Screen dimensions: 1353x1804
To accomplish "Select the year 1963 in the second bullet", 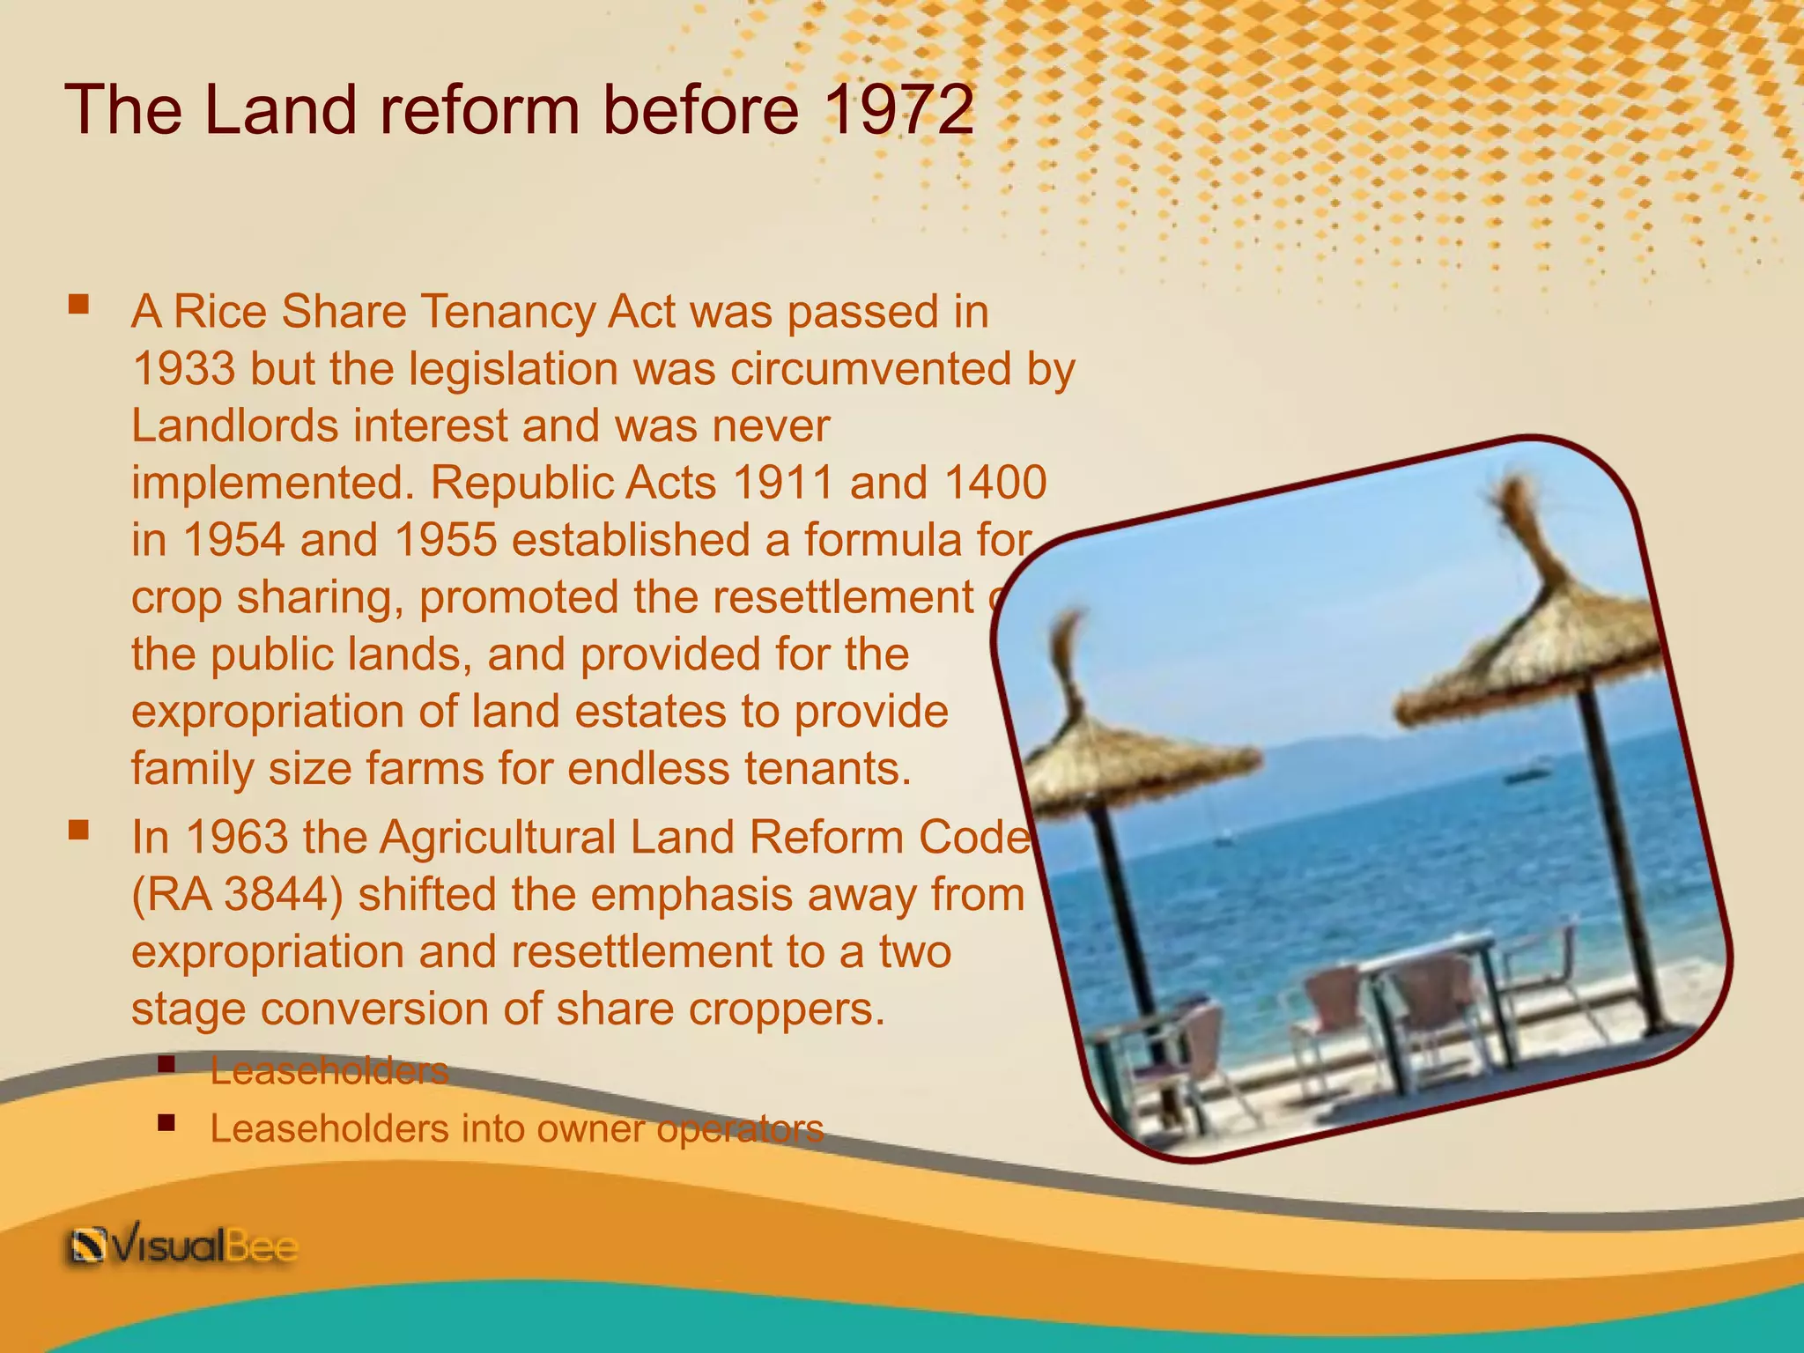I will click(x=237, y=837).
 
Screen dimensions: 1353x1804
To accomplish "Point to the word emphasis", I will click(x=691, y=894).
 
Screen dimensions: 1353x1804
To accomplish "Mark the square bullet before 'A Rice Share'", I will click(x=78, y=305).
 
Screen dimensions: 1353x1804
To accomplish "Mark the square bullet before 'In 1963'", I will click(x=78, y=830).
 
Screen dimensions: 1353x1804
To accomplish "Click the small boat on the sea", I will click(x=1527, y=775).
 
